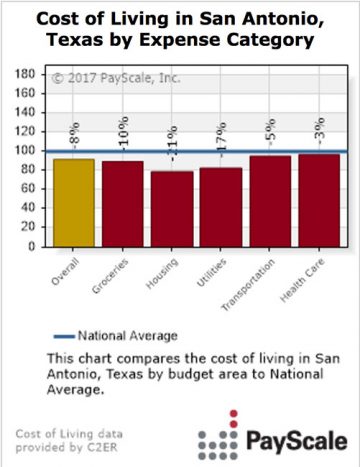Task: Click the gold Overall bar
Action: [x=75, y=202]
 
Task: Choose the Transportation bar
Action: [x=270, y=200]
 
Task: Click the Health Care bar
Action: [x=319, y=199]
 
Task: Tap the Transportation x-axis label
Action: [x=258, y=279]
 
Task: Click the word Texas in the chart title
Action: [x=89, y=43]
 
